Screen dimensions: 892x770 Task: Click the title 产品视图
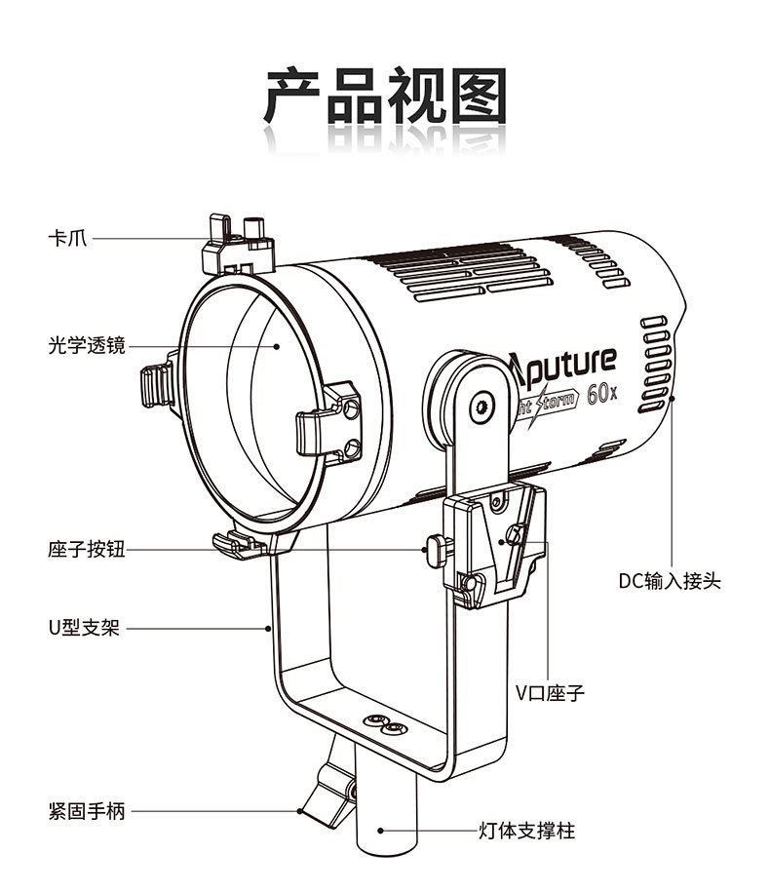click(x=385, y=97)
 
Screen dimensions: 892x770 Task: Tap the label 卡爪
click(x=67, y=237)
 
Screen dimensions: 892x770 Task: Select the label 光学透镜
click(x=87, y=344)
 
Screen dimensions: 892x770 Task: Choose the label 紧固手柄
click(x=87, y=811)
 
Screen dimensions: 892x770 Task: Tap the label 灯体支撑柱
click(x=527, y=832)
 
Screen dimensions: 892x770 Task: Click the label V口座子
click(x=551, y=694)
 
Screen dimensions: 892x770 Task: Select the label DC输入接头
click(x=670, y=581)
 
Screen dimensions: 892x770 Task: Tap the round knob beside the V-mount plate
click(x=435, y=550)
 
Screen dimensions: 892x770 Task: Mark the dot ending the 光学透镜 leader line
click(x=277, y=344)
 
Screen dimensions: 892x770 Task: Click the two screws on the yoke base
click(x=383, y=723)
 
